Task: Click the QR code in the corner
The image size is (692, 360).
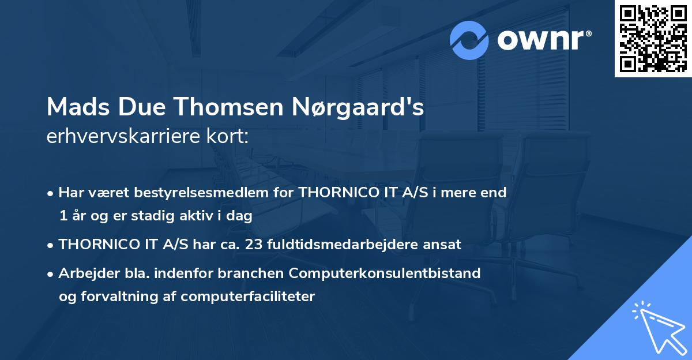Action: tap(653, 38)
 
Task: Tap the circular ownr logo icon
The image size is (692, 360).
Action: tap(469, 40)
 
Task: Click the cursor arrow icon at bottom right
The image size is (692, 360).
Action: tap(657, 325)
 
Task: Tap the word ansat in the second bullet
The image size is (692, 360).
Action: tap(443, 245)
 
